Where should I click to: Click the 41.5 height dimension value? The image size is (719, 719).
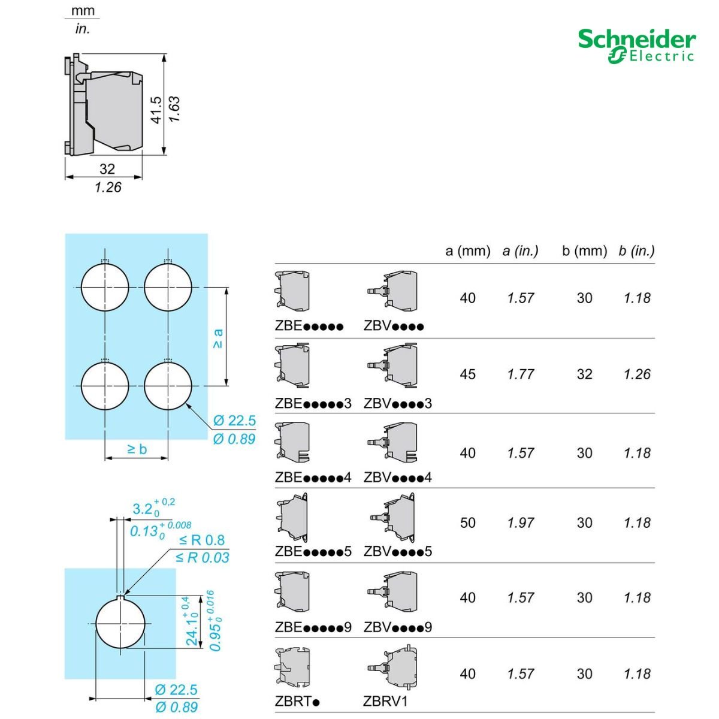coord(157,110)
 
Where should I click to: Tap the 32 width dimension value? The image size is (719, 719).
coord(107,169)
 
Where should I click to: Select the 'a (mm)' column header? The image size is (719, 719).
coord(467,250)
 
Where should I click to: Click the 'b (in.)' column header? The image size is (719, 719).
coord(636,250)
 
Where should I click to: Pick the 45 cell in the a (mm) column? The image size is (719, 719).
coord(467,374)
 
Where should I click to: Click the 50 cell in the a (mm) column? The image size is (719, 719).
coord(467,522)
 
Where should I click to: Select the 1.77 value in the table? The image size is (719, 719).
coord(521,374)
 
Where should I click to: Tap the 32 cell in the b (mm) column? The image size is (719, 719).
coord(584,374)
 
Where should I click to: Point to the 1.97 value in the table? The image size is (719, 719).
coord(521,522)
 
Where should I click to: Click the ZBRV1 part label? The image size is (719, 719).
coord(385,701)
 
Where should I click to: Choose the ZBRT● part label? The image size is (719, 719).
coord(297,701)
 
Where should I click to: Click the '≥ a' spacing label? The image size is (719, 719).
coord(218,339)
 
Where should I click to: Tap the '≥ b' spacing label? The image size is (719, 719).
coord(137,449)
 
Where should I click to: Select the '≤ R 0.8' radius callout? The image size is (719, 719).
coord(202,540)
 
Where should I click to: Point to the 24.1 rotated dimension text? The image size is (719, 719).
coord(192,621)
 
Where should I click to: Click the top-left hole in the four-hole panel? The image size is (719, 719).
coord(105,288)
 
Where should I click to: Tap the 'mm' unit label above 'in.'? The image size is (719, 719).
coord(83,10)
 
